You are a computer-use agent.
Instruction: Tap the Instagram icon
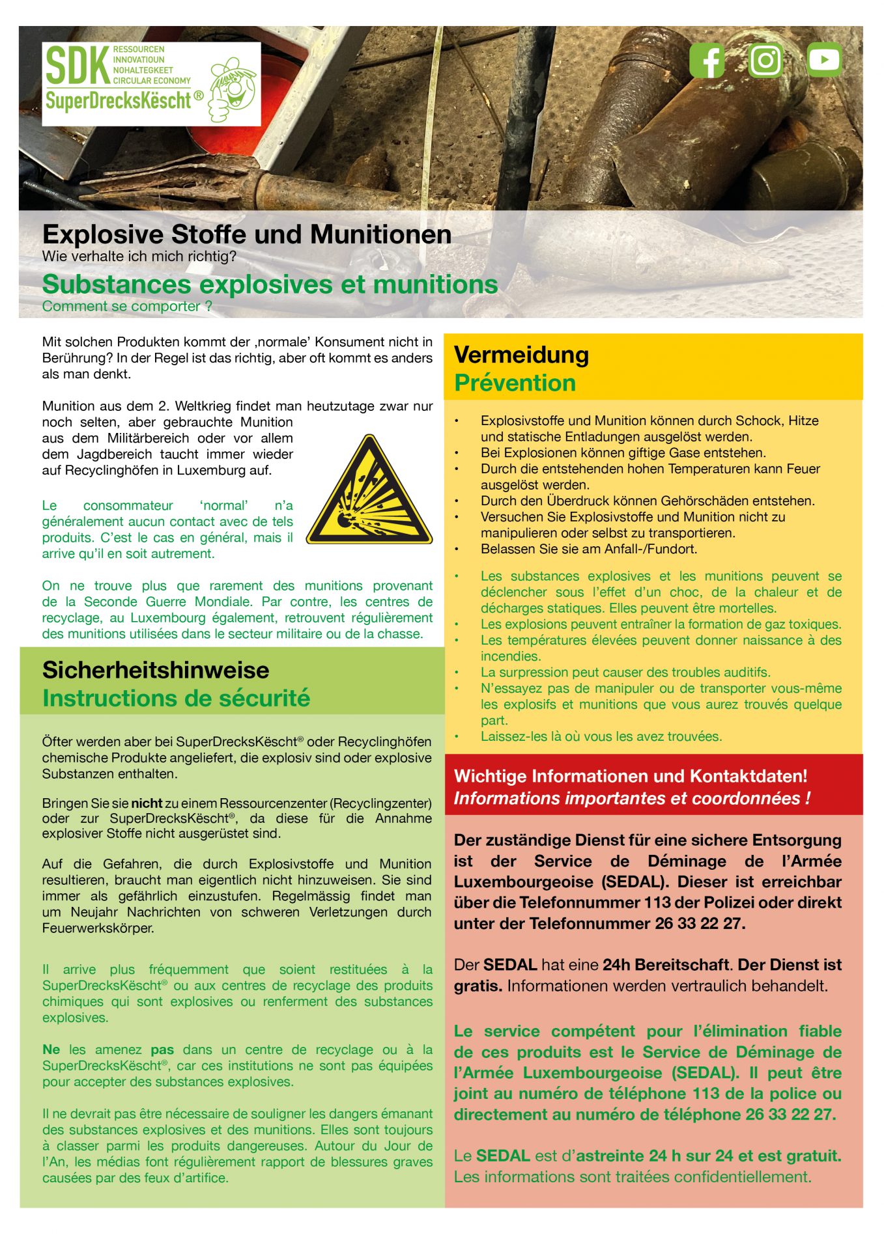[765, 61]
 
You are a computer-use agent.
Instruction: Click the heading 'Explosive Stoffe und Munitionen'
[247, 234]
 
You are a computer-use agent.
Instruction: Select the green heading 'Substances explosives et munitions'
[270, 285]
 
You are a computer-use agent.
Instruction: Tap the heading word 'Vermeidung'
[521, 355]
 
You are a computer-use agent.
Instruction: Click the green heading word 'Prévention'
[515, 383]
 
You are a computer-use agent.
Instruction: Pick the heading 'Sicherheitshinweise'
[156, 670]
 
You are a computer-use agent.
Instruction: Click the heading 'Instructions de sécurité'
[176, 699]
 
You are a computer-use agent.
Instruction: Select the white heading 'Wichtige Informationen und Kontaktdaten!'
[631, 776]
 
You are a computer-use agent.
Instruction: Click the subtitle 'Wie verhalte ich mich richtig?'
[139, 257]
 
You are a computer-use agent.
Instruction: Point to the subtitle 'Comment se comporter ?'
[127, 307]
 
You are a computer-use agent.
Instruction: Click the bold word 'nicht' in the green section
[147, 803]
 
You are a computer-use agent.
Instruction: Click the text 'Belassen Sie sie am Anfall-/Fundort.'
[589, 549]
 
